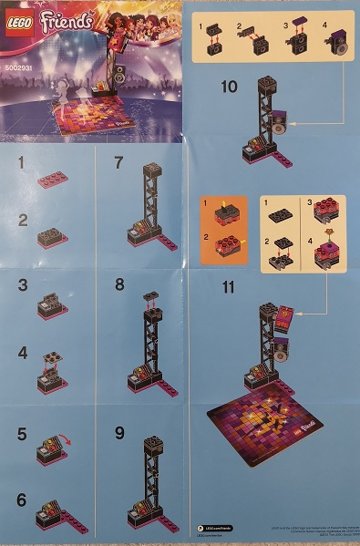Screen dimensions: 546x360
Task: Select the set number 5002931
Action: click(x=20, y=67)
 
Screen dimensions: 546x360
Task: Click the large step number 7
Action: click(x=118, y=164)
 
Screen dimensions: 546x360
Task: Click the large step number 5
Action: click(x=20, y=435)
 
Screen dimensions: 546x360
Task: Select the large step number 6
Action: click(x=20, y=500)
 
